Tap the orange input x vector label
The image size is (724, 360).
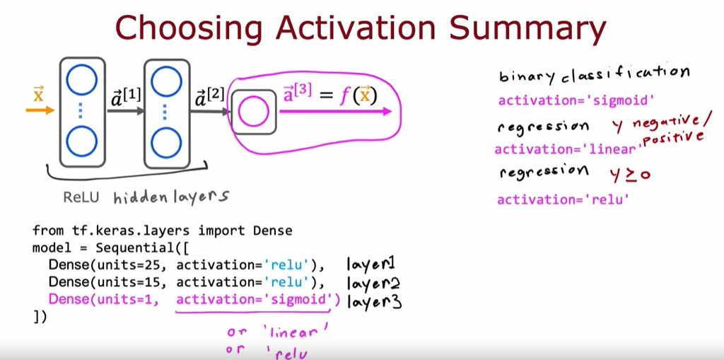(38, 94)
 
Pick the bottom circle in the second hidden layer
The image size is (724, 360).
(165, 141)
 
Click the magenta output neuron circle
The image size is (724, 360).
(253, 112)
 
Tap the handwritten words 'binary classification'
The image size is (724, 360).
(594, 74)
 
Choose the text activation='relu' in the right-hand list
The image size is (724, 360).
(563, 199)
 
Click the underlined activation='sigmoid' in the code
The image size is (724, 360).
(254, 299)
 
